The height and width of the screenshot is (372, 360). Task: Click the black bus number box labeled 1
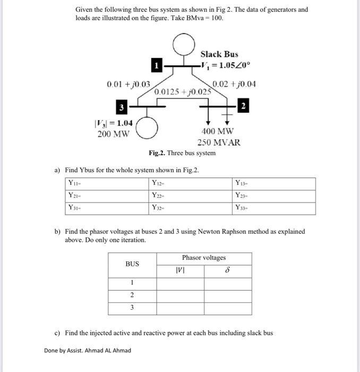click(x=157, y=66)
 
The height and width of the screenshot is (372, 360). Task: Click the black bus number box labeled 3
click(x=122, y=108)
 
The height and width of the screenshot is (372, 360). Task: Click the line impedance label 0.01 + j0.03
click(x=128, y=84)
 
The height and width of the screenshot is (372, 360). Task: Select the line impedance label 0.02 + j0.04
click(x=234, y=83)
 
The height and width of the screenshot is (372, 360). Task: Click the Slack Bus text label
click(x=219, y=54)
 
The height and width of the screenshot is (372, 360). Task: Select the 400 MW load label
click(x=217, y=131)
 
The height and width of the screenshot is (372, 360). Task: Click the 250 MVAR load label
click(x=219, y=142)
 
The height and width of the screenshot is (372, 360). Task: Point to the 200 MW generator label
click(x=114, y=134)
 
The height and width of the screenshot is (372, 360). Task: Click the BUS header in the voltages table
click(x=132, y=264)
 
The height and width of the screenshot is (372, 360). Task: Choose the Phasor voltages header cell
click(x=204, y=258)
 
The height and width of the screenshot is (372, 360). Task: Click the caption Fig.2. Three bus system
click(x=182, y=153)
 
